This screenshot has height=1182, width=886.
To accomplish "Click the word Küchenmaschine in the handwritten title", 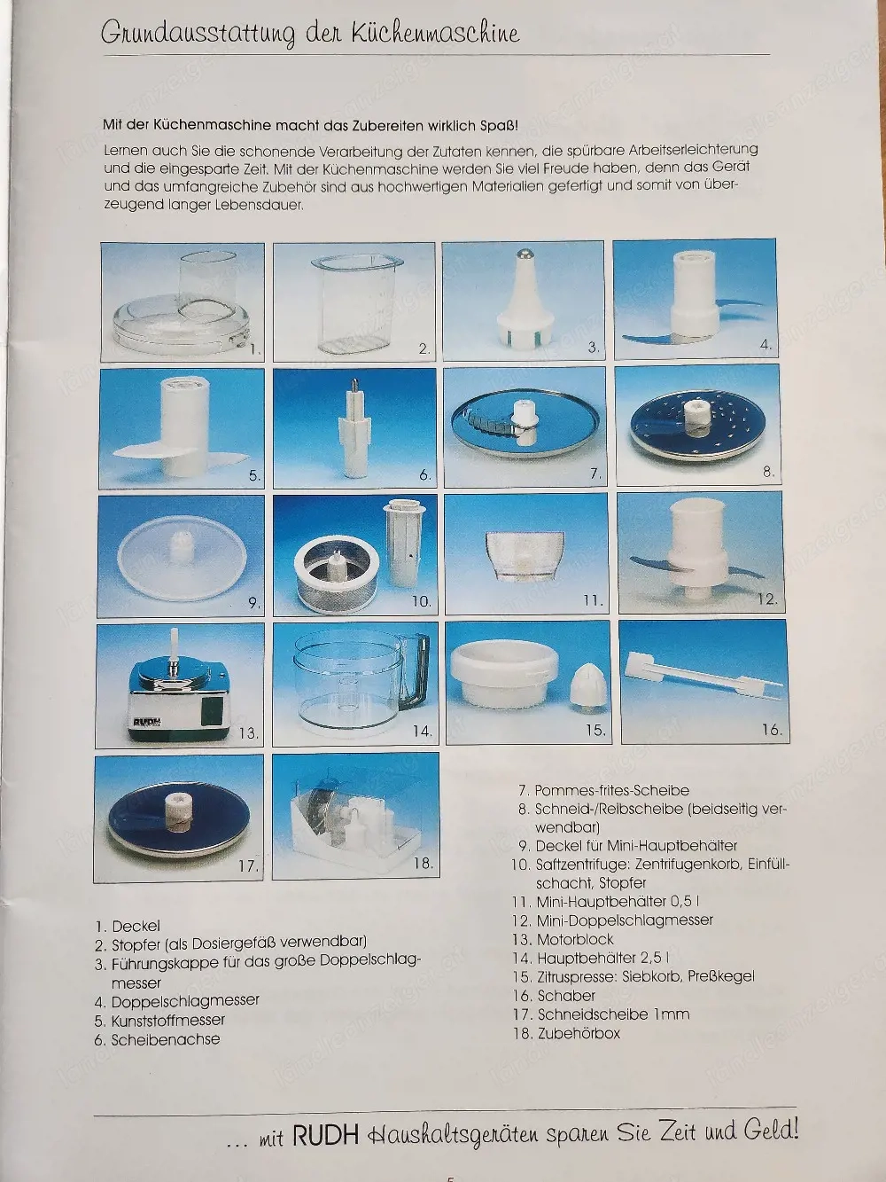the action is click(x=436, y=34).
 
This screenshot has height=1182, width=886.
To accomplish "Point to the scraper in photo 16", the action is click(x=704, y=677).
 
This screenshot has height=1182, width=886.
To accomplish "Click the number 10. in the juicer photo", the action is click(x=421, y=601).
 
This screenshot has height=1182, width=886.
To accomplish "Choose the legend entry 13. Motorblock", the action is click(x=563, y=940).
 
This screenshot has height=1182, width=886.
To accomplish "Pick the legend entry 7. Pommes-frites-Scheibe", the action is click(x=603, y=791).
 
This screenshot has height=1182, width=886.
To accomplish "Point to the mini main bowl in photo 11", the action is click(x=525, y=559).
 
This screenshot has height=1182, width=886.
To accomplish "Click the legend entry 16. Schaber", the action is click(x=554, y=996).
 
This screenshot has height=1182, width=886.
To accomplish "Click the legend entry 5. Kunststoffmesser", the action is click(x=159, y=1021).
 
